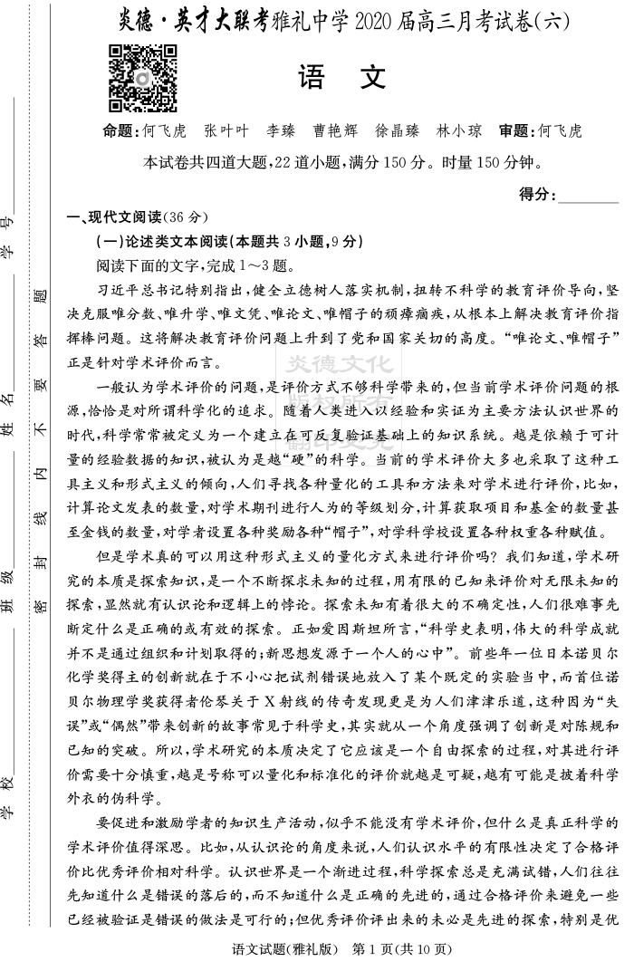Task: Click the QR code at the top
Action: click(x=143, y=77)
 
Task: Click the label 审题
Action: click(x=516, y=130)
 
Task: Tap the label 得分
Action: click(x=537, y=194)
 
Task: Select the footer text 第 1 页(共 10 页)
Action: click(x=400, y=950)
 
